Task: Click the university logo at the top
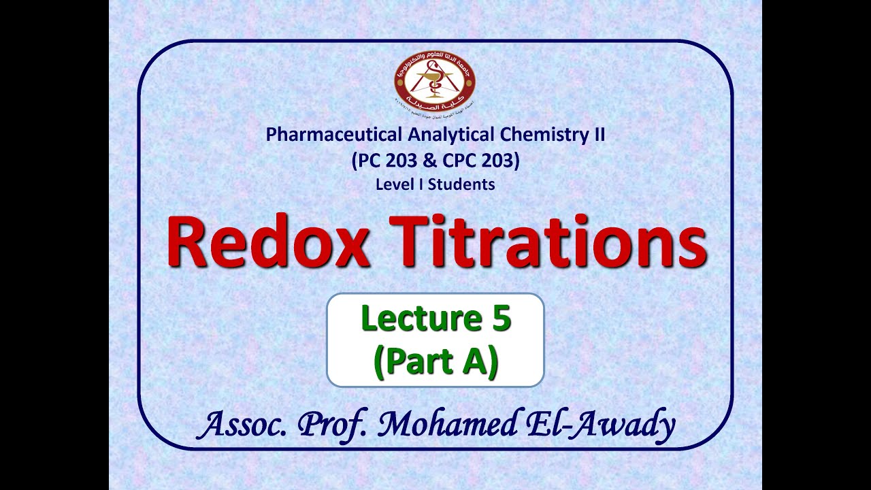[x=435, y=81]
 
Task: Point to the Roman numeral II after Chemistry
[x=597, y=135]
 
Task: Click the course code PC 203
[x=385, y=160]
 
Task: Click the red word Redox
[x=269, y=243]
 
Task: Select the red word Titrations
[x=548, y=243]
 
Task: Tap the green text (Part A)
[x=435, y=361]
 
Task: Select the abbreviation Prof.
[x=334, y=425]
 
